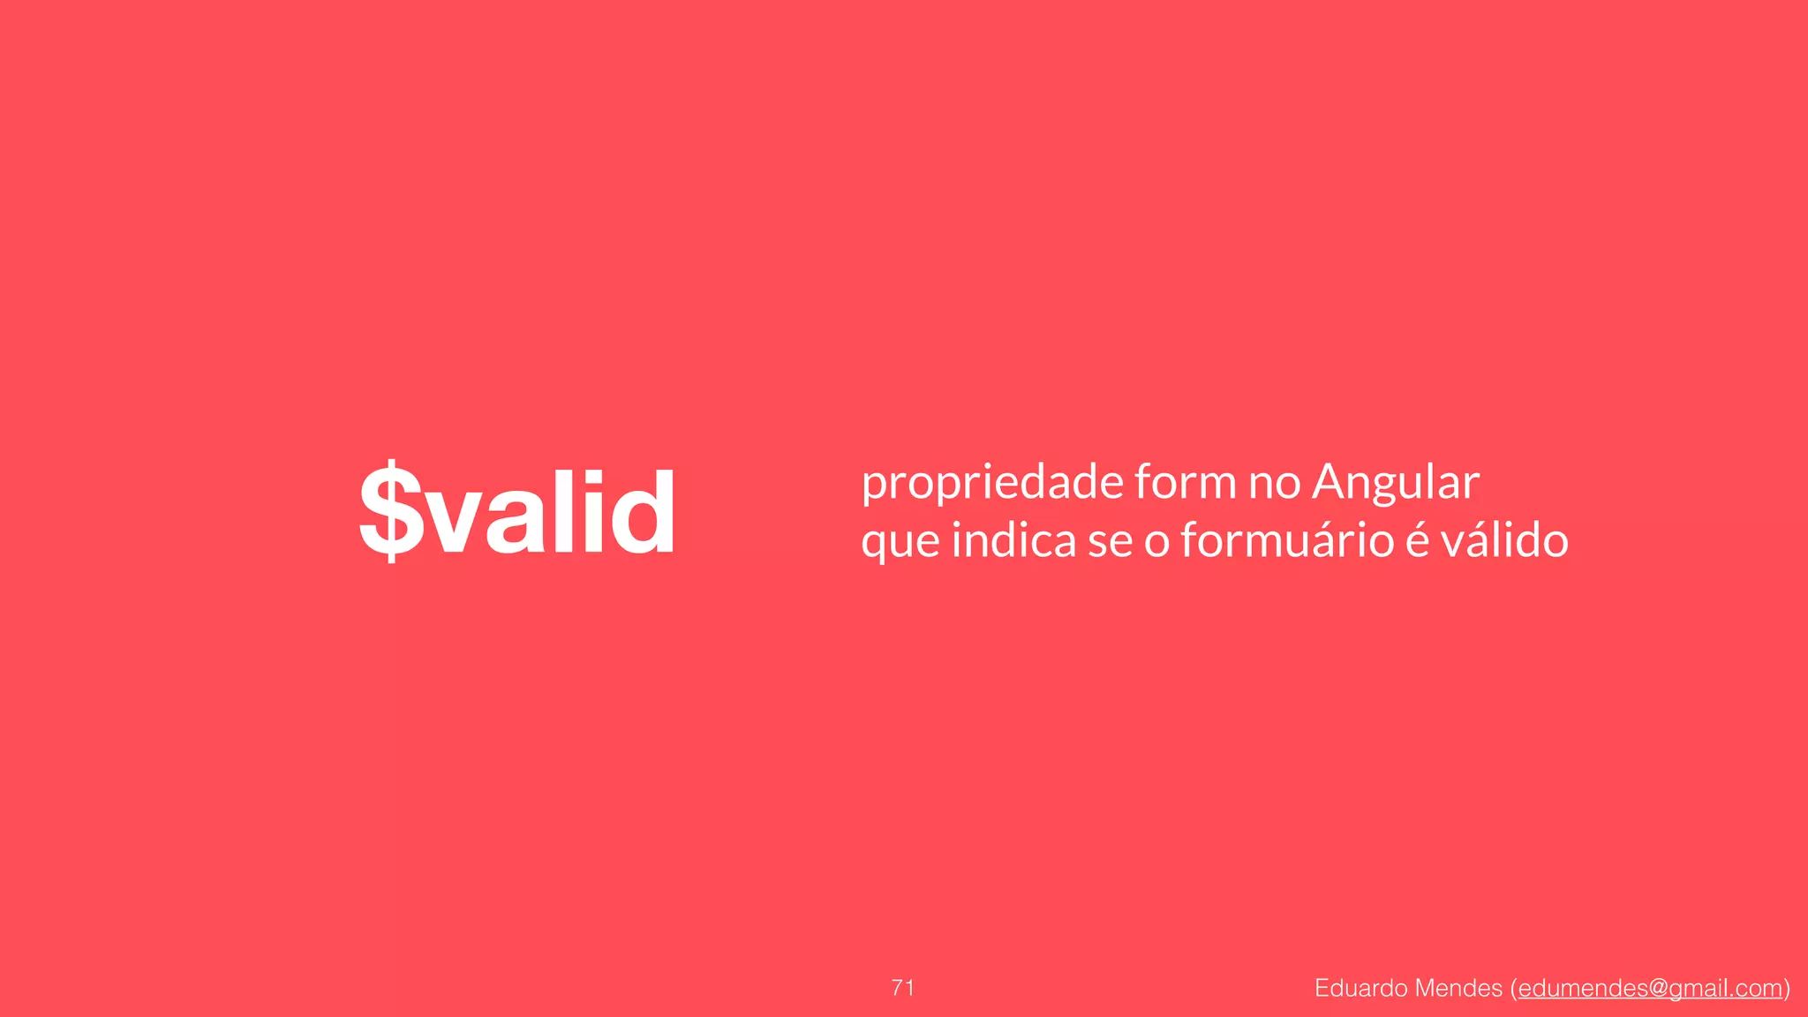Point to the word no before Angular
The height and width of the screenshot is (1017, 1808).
[1274, 484]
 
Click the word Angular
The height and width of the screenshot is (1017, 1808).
[1396, 484]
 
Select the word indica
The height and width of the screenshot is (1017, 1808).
[1013, 540]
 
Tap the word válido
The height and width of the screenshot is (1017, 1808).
[1504, 540]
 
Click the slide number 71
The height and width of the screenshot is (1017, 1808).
[903, 988]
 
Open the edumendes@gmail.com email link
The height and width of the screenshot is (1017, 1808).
[1650, 989]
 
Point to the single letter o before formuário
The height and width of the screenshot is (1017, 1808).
[1156, 542]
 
